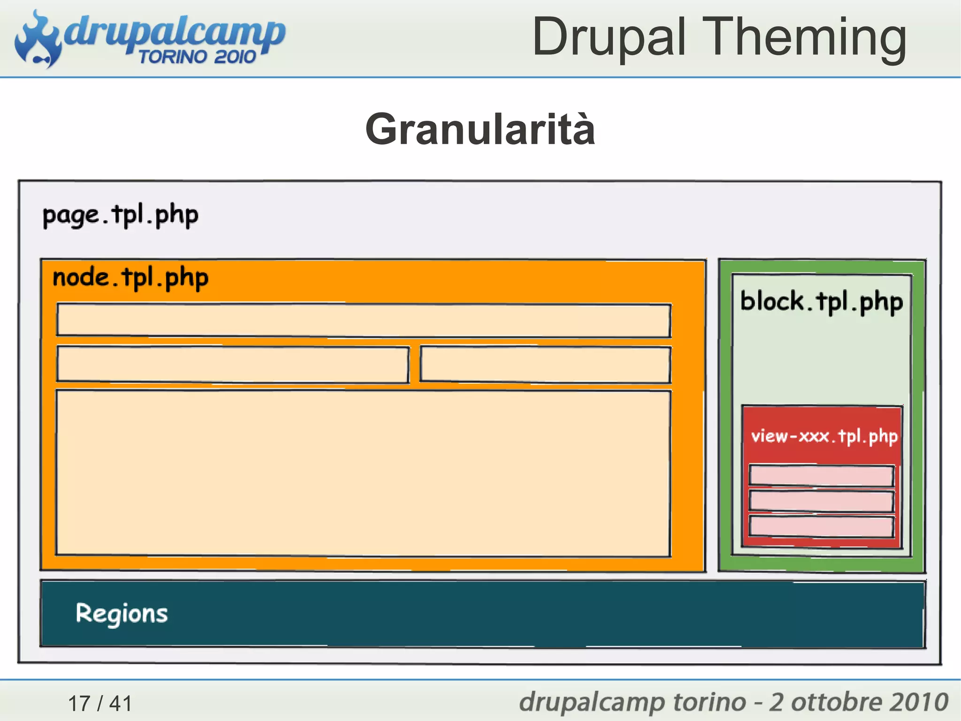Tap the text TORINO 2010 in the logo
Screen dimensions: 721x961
tap(197, 57)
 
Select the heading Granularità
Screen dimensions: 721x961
tap(480, 129)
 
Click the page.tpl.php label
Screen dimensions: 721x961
tap(120, 216)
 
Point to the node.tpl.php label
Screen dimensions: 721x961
tap(130, 278)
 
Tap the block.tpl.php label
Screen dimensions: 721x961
tap(821, 302)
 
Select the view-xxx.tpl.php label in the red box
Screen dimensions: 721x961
tap(824, 436)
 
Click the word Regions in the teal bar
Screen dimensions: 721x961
tap(122, 613)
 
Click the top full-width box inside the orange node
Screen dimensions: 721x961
tap(364, 320)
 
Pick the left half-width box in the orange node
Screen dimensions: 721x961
tap(232, 364)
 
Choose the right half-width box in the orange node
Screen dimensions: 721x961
tap(545, 364)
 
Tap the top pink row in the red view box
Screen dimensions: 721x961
tap(821, 476)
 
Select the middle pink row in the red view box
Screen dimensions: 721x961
tap(821, 501)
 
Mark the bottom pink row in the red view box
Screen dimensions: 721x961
tap(821, 527)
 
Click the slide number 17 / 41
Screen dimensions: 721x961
tap(100, 703)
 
